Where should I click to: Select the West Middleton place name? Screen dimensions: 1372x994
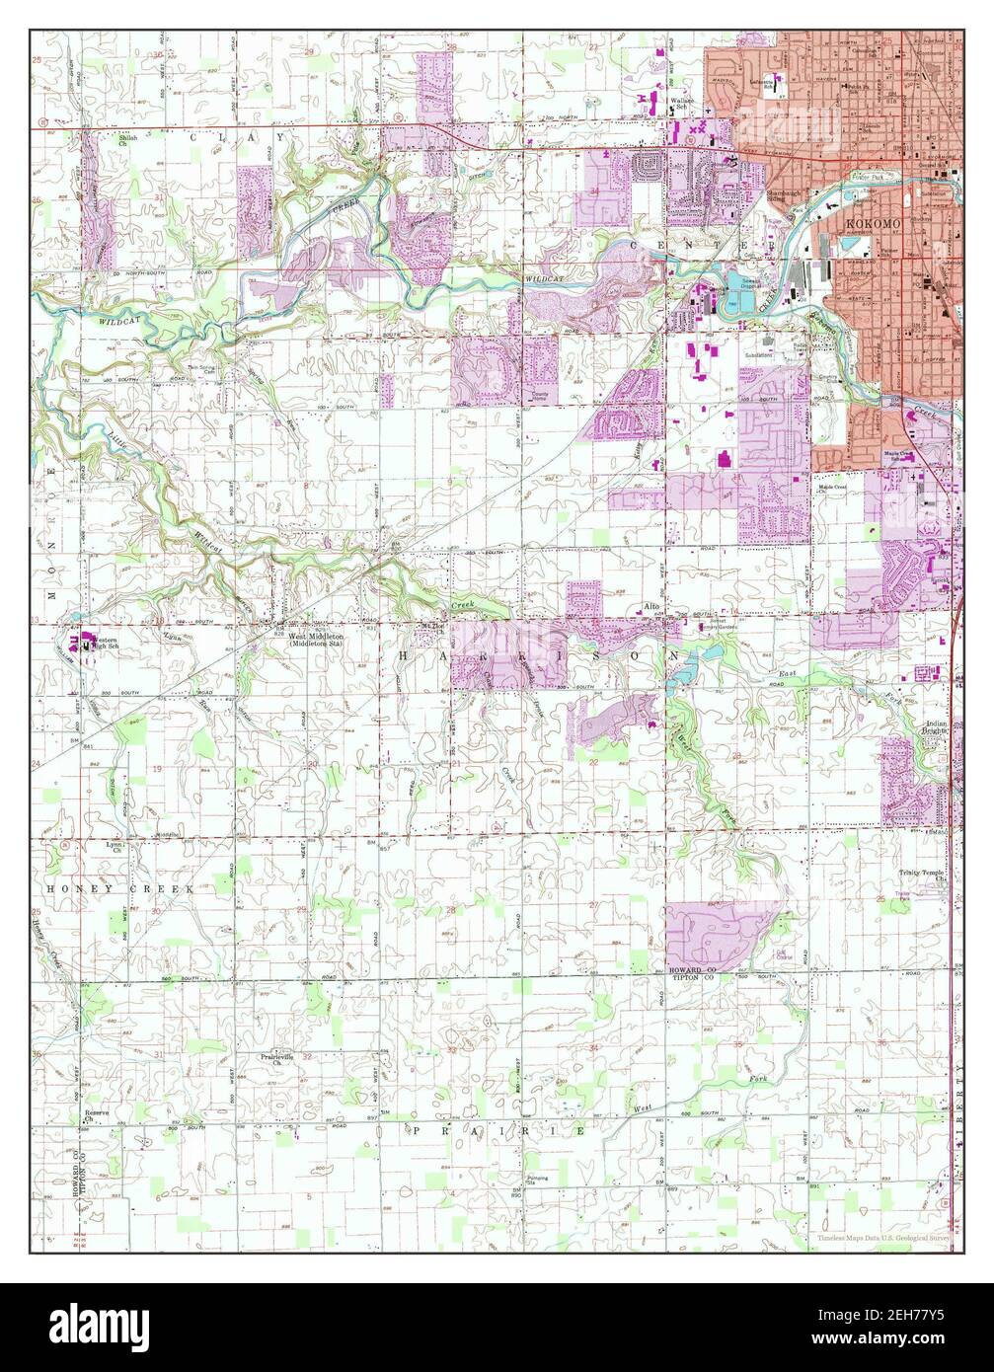tap(316, 639)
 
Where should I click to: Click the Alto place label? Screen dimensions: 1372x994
tap(651, 607)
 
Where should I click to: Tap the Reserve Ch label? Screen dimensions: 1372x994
tap(96, 1115)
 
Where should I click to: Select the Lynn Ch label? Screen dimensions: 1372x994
tap(118, 847)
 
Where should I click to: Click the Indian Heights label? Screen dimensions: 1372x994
tap(937, 728)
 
